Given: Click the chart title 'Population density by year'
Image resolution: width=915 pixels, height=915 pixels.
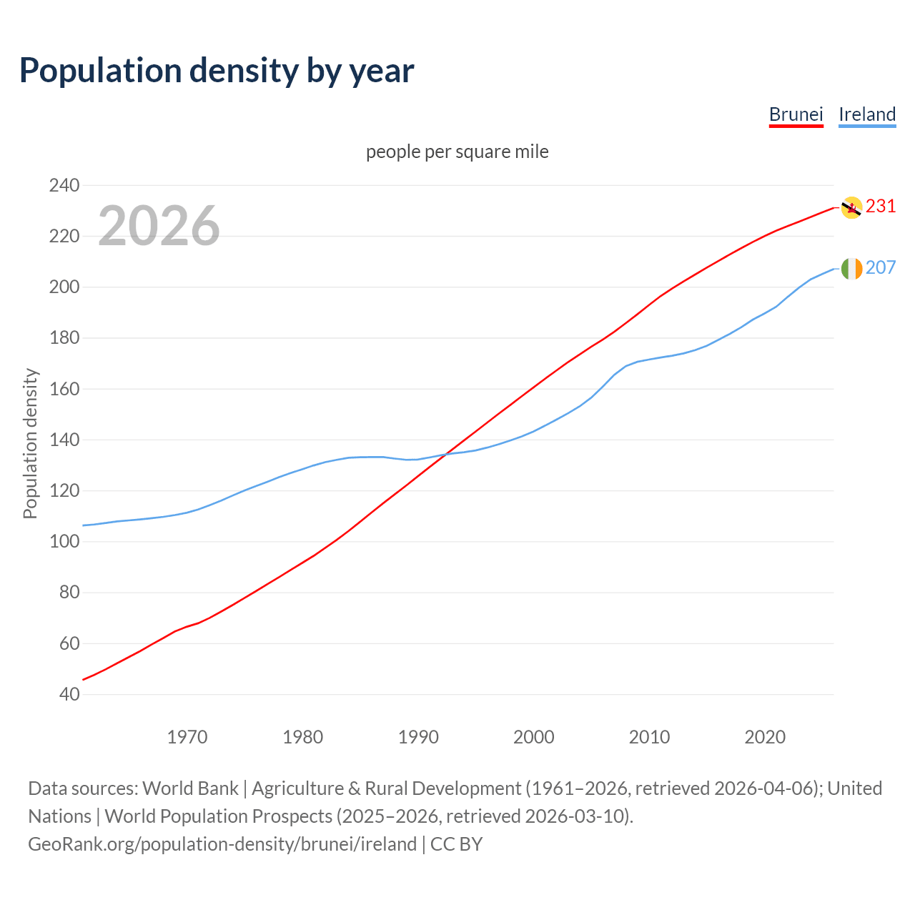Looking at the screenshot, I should (x=217, y=71).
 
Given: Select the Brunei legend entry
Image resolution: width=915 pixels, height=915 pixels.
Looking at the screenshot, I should (x=796, y=114).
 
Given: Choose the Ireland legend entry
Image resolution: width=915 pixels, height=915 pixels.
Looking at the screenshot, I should (x=867, y=114).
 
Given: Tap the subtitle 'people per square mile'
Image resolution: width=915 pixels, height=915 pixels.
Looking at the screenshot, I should (x=457, y=152).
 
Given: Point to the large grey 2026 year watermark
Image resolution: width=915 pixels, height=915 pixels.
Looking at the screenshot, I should (x=159, y=226).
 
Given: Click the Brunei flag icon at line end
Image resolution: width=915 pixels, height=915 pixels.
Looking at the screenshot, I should (x=851, y=207).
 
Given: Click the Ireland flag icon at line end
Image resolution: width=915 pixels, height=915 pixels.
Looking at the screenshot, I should (x=851, y=269).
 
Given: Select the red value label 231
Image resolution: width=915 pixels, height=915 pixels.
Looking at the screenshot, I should (x=881, y=207).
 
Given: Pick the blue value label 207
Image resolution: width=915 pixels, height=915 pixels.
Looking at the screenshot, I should (x=881, y=268).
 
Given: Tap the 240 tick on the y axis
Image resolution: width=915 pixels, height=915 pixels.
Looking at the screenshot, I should (x=64, y=186).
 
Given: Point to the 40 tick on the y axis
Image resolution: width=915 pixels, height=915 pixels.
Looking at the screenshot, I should (x=69, y=695).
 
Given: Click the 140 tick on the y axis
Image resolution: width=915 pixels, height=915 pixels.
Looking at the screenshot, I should (x=64, y=440).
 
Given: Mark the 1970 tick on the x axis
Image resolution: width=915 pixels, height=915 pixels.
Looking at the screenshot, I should (x=187, y=737).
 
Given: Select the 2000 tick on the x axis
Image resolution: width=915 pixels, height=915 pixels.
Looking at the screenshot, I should (x=534, y=737).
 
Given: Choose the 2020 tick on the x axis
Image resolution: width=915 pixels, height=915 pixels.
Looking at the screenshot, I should (x=765, y=737).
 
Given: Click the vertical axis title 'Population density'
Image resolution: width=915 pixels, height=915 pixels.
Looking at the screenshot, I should (x=30, y=443).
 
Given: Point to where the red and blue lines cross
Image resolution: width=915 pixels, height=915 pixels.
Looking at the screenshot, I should (x=445, y=454).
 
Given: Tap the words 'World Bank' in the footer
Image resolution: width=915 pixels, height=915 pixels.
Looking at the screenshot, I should (x=190, y=788).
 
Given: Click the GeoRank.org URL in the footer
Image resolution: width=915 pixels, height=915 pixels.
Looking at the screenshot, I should (x=222, y=844).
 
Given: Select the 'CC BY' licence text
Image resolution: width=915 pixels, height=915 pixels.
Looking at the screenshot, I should (x=457, y=844).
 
